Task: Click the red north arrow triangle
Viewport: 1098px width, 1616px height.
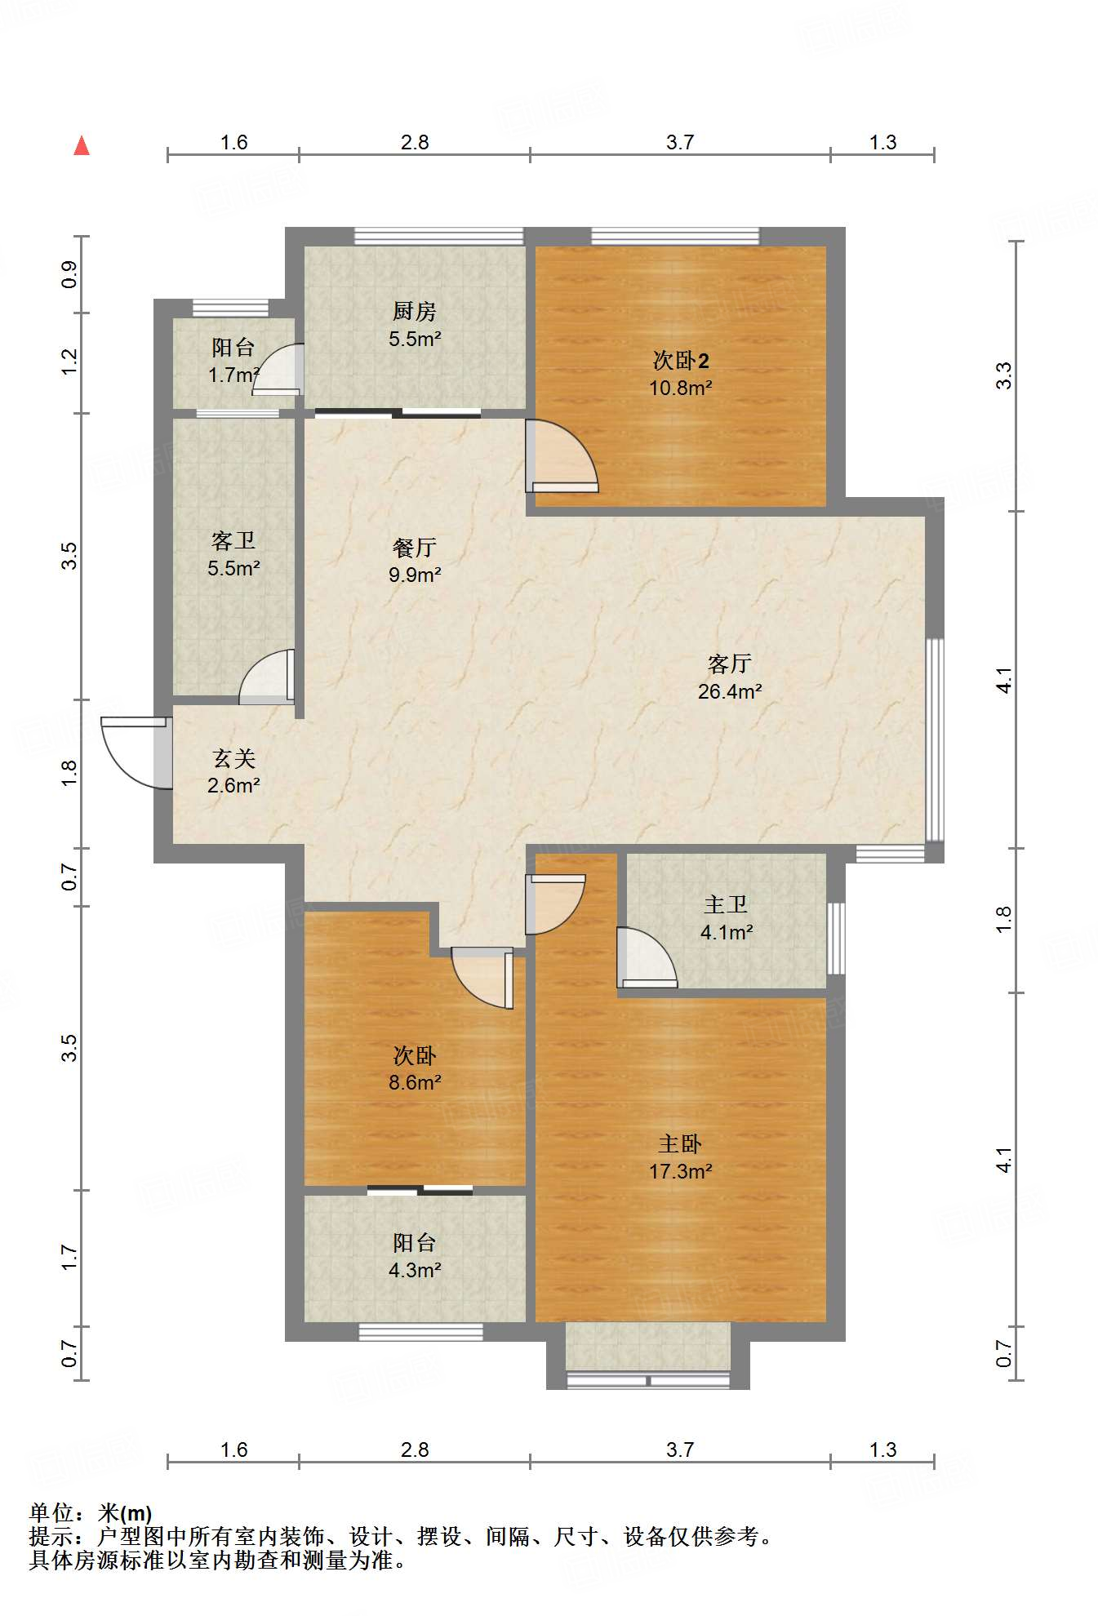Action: pyautogui.click(x=82, y=146)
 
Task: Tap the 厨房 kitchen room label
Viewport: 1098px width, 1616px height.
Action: pyautogui.click(x=415, y=311)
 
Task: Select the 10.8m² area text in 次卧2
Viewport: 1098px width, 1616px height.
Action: pyautogui.click(x=680, y=388)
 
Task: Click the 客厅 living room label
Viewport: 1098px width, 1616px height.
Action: pyautogui.click(x=729, y=664)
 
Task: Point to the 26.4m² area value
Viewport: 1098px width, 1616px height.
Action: pyautogui.click(x=729, y=691)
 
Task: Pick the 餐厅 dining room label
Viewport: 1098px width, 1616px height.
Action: pyautogui.click(x=415, y=547)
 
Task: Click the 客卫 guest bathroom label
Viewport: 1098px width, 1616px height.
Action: pyautogui.click(x=233, y=540)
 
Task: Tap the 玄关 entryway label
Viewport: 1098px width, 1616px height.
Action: pyautogui.click(x=234, y=758)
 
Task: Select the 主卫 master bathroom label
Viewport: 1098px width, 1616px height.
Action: pyautogui.click(x=726, y=904)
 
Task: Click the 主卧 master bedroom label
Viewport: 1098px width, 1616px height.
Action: pyautogui.click(x=680, y=1143)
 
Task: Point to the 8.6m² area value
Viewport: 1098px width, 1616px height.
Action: pyautogui.click(x=415, y=1083)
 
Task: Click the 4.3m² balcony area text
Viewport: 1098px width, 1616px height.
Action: pyautogui.click(x=415, y=1270)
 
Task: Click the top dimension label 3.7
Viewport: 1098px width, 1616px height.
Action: pyautogui.click(x=679, y=143)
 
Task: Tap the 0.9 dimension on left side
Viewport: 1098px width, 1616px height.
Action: pyautogui.click(x=69, y=274)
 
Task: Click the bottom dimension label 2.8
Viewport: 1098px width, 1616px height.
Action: pyautogui.click(x=415, y=1450)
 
